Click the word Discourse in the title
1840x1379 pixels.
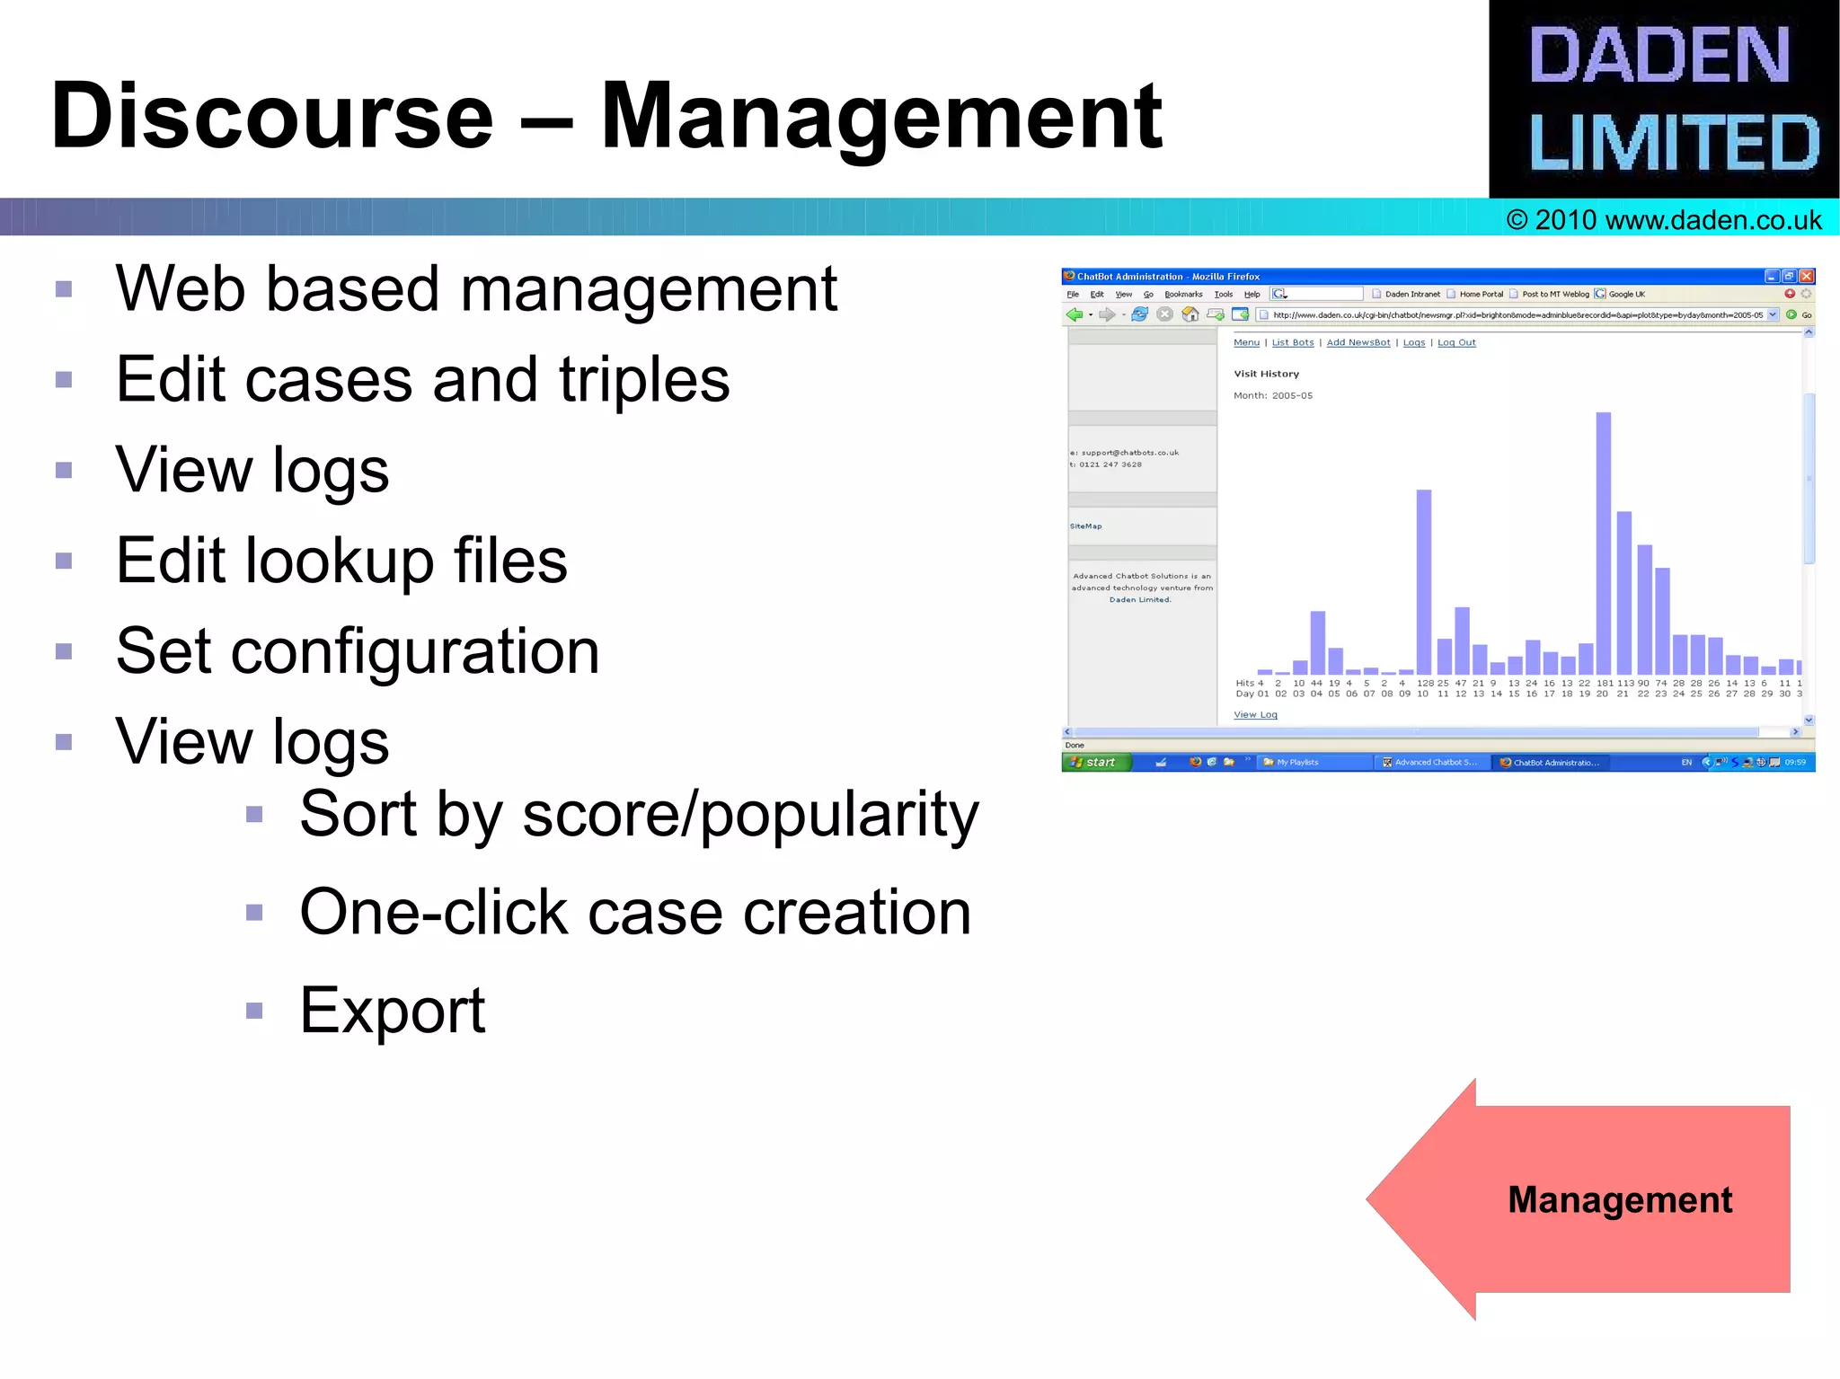[x=272, y=117]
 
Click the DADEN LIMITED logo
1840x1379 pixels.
[x=1663, y=99]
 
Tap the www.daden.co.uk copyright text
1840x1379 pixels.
[x=1664, y=220]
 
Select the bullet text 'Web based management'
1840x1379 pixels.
[x=476, y=289]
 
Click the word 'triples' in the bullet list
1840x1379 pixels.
[x=644, y=380]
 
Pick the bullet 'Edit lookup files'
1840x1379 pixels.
[x=341, y=561]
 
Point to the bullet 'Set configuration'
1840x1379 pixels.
[x=358, y=651]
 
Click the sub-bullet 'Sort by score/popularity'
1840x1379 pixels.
[x=638, y=815]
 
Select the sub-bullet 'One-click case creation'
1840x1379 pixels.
[x=634, y=913]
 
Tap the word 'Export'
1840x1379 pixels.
[x=392, y=1011]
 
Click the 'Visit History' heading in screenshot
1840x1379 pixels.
[x=1266, y=374]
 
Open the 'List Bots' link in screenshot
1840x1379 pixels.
[x=1293, y=342]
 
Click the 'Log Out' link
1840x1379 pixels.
[x=1456, y=342]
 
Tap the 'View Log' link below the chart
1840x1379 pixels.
[x=1255, y=715]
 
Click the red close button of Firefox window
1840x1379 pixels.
[x=1806, y=277]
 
